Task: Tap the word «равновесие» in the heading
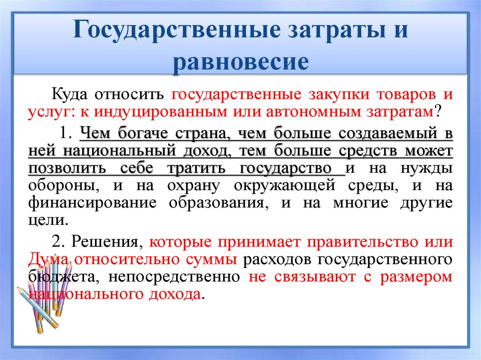pos(240,61)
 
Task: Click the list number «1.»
pos(65,133)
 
